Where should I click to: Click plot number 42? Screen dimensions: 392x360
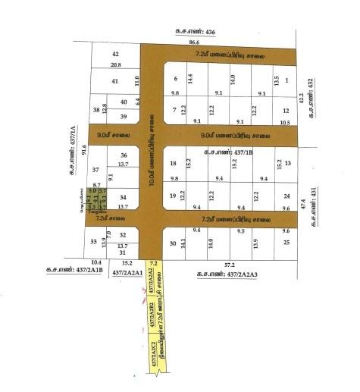point(115,55)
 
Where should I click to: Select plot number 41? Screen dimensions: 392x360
point(115,80)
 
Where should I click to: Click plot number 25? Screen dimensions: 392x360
point(286,242)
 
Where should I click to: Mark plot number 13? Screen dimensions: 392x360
point(288,163)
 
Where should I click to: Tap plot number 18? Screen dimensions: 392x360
point(173,163)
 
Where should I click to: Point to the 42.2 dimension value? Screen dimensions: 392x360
point(301,99)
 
